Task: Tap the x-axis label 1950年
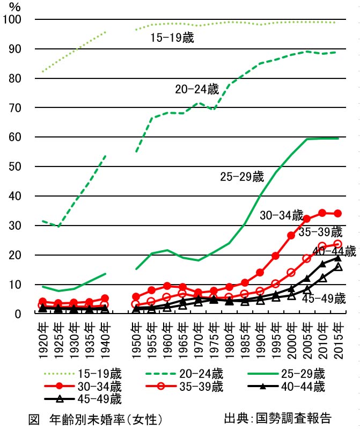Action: click(x=137, y=337)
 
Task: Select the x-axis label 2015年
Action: click(x=339, y=337)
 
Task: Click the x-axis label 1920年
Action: click(x=45, y=337)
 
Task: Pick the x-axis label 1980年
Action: click(x=230, y=337)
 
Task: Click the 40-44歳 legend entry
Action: click(x=303, y=386)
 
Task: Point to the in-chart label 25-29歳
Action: click(x=242, y=177)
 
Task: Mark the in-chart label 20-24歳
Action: click(x=197, y=90)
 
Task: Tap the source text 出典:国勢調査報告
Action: click(x=277, y=418)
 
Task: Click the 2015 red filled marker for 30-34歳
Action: click(x=338, y=213)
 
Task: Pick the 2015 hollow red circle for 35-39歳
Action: click(x=338, y=244)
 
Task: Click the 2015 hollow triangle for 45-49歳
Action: click(x=338, y=267)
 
